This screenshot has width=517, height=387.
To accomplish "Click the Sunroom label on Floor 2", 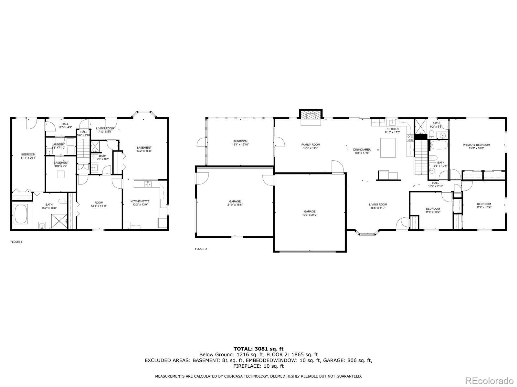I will coord(240,141).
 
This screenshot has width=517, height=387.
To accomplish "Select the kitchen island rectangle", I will coord(388,148).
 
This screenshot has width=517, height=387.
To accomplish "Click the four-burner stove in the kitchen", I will coord(410,138).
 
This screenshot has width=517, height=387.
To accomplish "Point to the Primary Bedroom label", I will coord(476,145).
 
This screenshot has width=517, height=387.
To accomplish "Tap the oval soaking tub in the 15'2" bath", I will coord(21,214).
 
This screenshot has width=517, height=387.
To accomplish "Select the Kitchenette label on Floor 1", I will coord(140,201).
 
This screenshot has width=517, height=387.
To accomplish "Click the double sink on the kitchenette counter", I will coord(148,184).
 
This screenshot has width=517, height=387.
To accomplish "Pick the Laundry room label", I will coord(58,144).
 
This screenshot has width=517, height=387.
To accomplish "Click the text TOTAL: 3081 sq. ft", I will coord(258,349).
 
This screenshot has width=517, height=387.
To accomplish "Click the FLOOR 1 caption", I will coord(16,242).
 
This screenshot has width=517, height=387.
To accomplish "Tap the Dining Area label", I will coord(362,150).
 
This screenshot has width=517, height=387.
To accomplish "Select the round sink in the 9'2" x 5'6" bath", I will coord(443,135).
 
